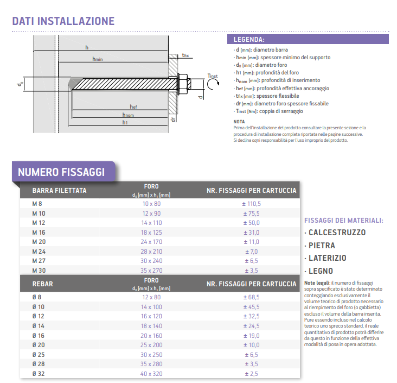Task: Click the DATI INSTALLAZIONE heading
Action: tap(63, 21)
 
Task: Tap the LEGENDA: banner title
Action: tap(249, 40)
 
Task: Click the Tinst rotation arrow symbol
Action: tap(213, 84)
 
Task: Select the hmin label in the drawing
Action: tap(98, 59)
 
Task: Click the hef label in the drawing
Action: tap(133, 106)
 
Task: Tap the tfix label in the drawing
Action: tap(185, 55)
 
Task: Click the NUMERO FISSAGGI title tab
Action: tap(61, 172)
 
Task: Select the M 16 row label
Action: tap(39, 233)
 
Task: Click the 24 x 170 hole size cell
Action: tap(151, 242)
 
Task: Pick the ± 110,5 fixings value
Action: tap(251, 204)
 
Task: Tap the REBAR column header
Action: tap(42, 284)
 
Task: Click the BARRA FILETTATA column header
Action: tap(59, 191)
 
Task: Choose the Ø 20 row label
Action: tap(39, 345)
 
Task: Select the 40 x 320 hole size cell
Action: tap(151, 374)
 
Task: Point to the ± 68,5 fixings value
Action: tap(251, 297)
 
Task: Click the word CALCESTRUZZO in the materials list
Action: tap(337, 233)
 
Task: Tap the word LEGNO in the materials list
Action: tap(321, 271)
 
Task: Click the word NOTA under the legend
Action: tap(239, 122)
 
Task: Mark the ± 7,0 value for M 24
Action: tap(251, 252)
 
